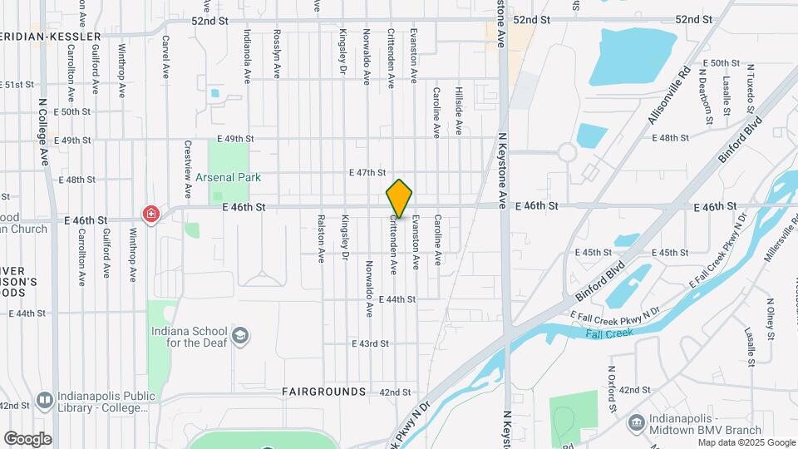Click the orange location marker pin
pos(400,199)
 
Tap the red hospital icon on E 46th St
pos(150,214)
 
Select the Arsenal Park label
pos(229,177)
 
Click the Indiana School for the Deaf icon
pos(240,335)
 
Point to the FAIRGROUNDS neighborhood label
pos(323,391)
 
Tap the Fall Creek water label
pos(608,333)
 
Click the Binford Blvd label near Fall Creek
pos(599,284)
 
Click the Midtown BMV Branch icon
pos(637,422)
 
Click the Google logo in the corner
pos(27,439)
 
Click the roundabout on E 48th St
pos(568,152)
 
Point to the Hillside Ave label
pos(457,111)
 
